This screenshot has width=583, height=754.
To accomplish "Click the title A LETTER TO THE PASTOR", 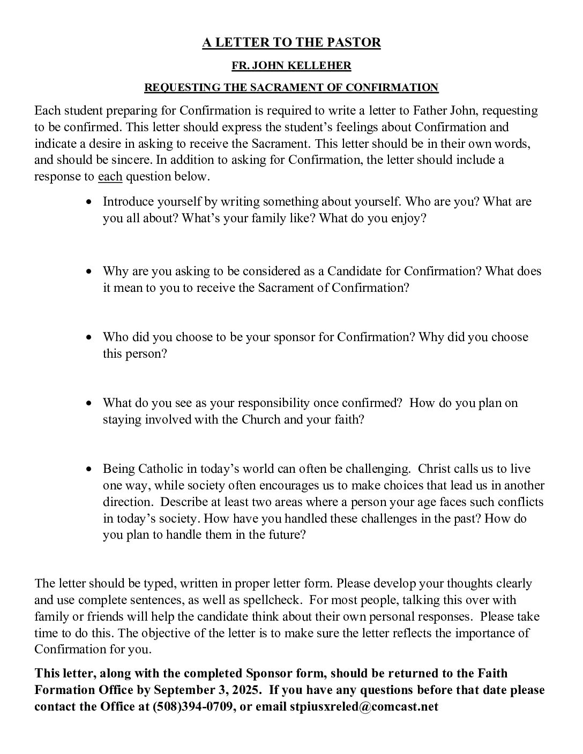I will (291, 43).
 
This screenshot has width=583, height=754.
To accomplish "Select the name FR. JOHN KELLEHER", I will (291, 66).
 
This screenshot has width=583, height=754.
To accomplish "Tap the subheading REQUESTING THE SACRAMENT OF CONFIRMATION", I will (291, 87).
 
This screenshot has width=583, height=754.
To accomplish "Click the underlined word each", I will (110, 177).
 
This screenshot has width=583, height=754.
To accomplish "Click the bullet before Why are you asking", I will (89, 272).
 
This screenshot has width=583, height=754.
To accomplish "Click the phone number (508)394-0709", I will (193, 706).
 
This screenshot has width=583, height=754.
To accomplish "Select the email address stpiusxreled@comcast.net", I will (364, 706).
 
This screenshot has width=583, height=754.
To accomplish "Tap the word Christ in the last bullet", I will (435, 469).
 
